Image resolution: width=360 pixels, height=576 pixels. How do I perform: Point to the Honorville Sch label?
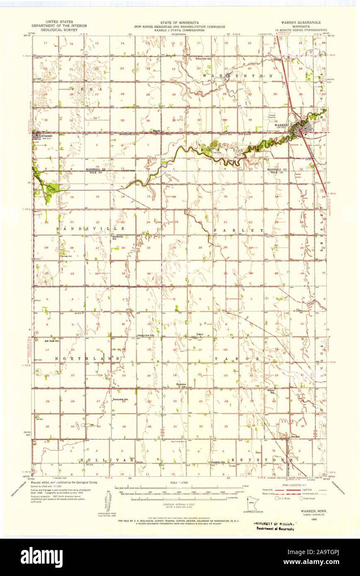[203, 58]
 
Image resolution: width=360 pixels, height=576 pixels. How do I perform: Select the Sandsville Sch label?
[117, 237]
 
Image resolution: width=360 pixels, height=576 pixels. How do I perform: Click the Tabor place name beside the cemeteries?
[200, 334]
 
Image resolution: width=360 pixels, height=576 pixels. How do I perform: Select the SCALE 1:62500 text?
[180, 483]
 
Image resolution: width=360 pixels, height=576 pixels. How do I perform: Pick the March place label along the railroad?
[156, 131]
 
